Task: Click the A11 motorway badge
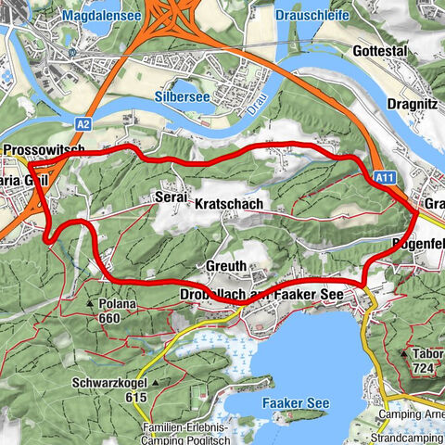[x=387, y=173]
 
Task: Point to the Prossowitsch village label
[x=44, y=149]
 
